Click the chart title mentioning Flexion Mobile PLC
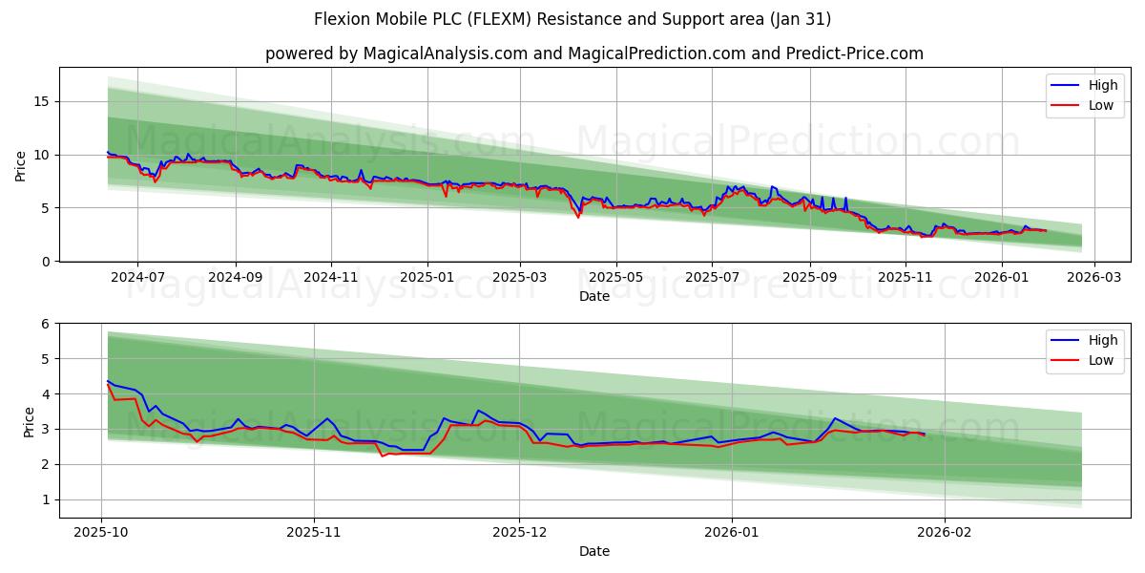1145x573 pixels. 572,19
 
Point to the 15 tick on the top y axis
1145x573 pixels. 43,101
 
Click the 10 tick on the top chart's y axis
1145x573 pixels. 43,155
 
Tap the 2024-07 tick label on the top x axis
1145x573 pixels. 137,277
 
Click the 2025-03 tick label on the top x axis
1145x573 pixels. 520,277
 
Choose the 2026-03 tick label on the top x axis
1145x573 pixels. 1093,277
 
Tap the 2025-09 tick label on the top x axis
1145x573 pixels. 809,277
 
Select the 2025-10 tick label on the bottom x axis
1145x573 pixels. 102,532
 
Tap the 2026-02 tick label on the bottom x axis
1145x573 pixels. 944,532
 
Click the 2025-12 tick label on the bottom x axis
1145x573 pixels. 520,532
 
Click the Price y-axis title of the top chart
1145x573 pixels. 21,164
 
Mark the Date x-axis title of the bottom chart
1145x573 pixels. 593,551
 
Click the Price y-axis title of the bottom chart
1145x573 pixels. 29,420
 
